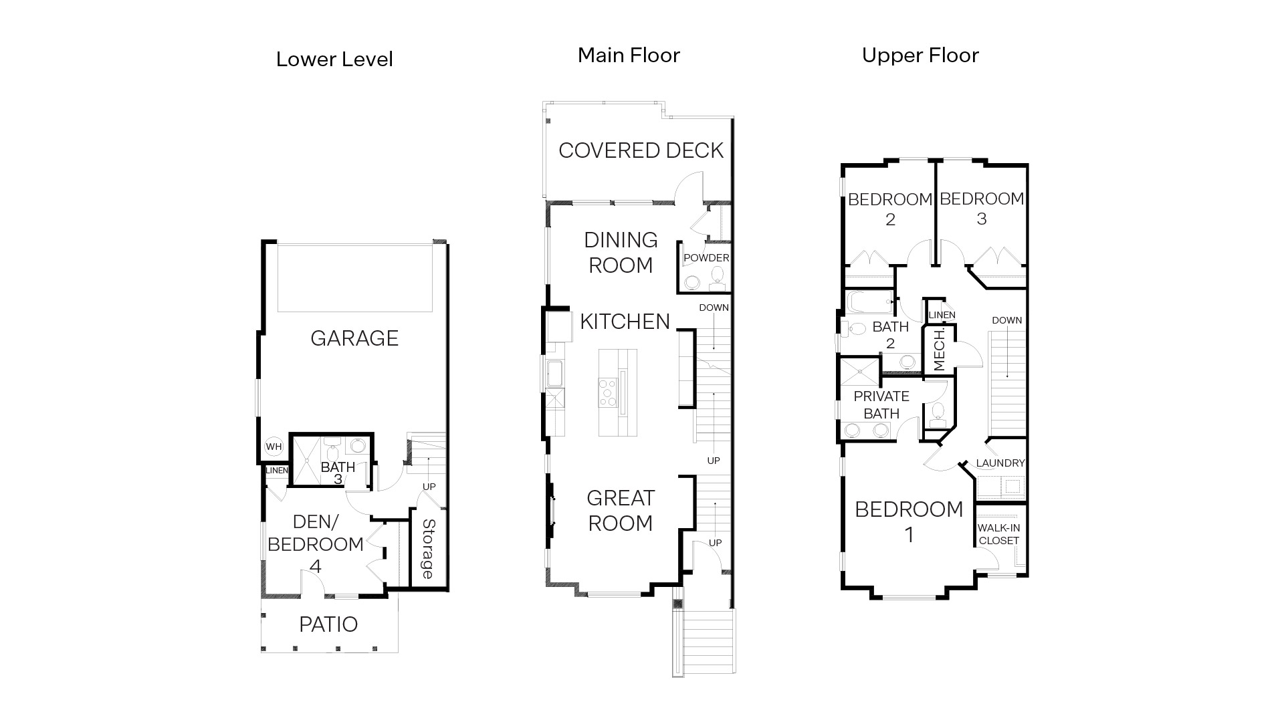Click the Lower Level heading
pos(334,59)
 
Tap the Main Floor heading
pos(629,55)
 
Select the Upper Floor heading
pos(920,55)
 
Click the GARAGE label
pos(354,338)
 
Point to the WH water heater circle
pos(274,447)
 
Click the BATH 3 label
pos(338,473)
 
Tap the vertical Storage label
pos(428,549)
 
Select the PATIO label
pos(328,624)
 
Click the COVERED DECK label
pos(641,150)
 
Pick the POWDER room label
pos(706,258)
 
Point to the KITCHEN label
pos(625,322)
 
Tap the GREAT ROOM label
pos(620,511)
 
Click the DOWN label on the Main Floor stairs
pos(714,308)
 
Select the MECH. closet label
pos(939,349)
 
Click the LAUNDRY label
pos(1000,463)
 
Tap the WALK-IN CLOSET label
pos(998,534)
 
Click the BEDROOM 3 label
pos(981,208)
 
